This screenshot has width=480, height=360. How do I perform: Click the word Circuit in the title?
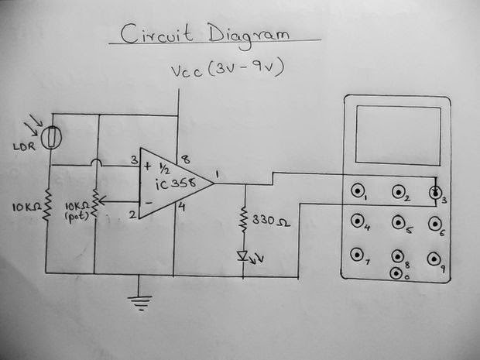(156, 34)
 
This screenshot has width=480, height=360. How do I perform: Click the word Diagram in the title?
(249, 36)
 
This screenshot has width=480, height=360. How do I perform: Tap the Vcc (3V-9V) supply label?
(228, 69)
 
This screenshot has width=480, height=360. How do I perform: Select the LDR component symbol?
(51, 138)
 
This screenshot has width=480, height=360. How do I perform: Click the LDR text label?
(25, 146)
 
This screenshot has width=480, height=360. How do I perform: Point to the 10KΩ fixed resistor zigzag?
(47, 205)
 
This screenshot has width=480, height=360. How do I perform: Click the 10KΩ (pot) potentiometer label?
(77, 211)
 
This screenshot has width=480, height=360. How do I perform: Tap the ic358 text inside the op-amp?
(176, 183)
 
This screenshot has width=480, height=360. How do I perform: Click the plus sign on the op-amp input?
(148, 166)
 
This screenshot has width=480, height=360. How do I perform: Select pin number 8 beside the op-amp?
(186, 159)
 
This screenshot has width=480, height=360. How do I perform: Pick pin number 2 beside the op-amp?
(132, 214)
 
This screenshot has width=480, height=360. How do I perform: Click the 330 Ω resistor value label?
(271, 221)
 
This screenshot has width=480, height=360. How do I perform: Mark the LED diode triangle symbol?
(243, 255)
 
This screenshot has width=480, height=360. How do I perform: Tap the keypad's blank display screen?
(398, 135)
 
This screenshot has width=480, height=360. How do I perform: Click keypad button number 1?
(357, 190)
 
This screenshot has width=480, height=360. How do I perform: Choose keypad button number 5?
(398, 223)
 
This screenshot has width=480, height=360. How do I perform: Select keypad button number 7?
(357, 255)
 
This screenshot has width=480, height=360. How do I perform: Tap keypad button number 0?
(396, 273)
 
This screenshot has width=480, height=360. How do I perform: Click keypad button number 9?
(434, 259)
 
